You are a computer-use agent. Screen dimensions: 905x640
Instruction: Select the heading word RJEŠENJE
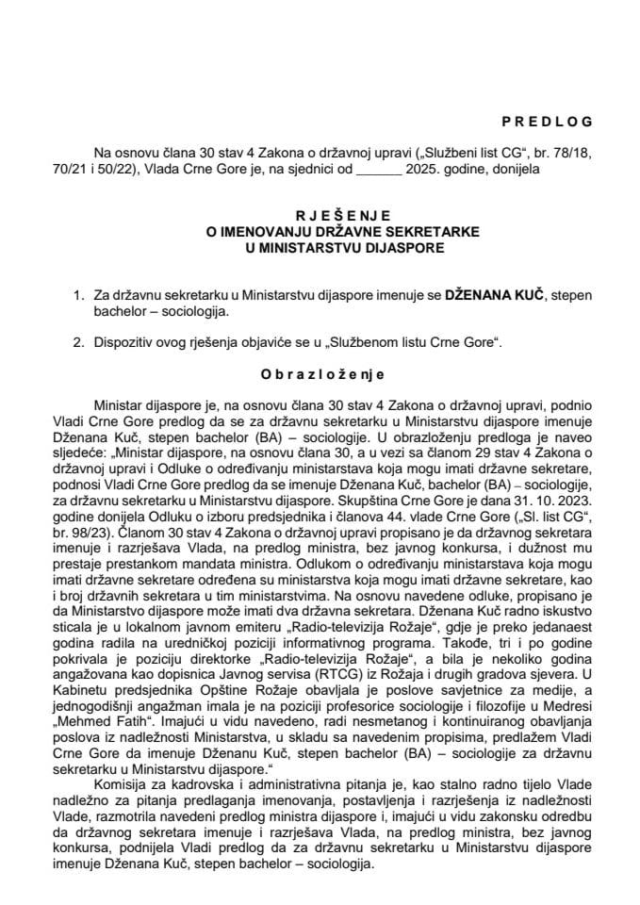tap(320, 215)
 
